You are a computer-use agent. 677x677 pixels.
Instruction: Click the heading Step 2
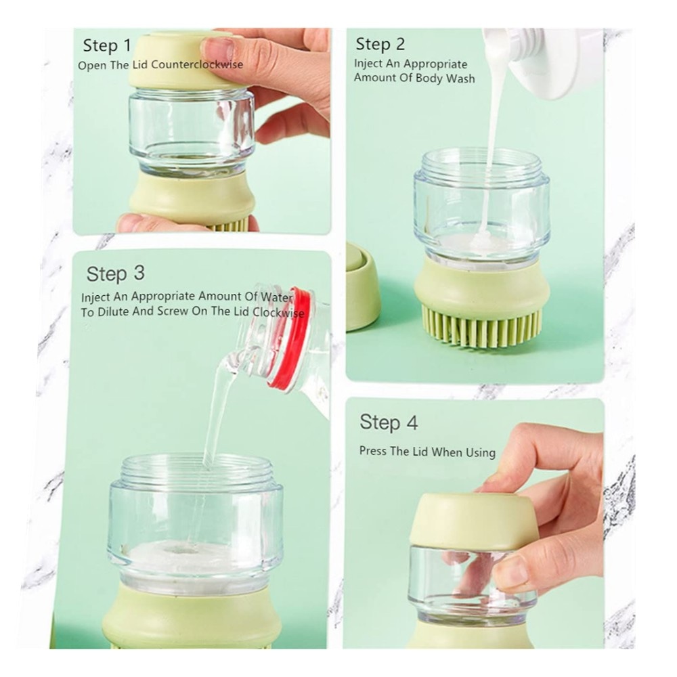click(x=380, y=44)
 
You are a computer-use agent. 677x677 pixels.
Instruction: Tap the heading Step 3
click(x=115, y=274)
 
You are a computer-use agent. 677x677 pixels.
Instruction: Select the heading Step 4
click(x=389, y=422)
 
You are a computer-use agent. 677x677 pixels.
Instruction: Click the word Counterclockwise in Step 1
click(x=197, y=65)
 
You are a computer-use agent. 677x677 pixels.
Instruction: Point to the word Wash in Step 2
click(x=460, y=79)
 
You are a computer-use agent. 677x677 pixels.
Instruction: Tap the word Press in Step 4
click(x=373, y=451)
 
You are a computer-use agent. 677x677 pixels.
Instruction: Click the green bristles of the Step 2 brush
click(x=481, y=327)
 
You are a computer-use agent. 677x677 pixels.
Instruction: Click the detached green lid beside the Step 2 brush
click(x=361, y=287)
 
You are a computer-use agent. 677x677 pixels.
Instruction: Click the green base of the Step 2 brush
click(x=481, y=285)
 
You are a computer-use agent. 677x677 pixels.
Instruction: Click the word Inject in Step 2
click(x=368, y=64)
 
